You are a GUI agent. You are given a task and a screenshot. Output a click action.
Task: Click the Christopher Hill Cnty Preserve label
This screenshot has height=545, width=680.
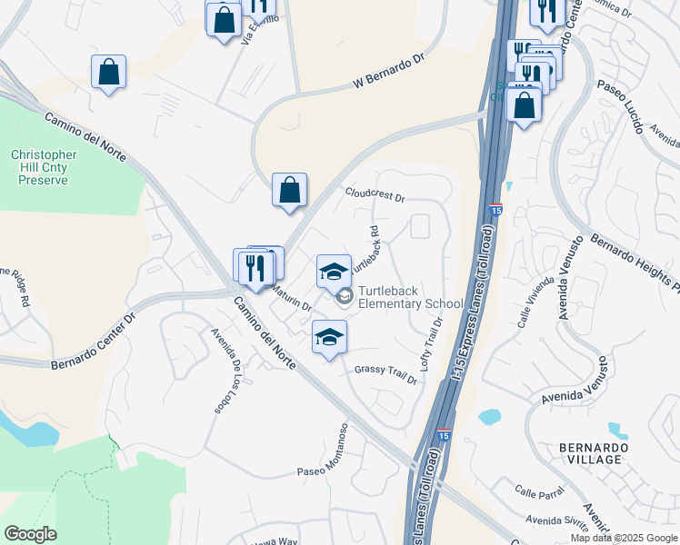pos(44,168)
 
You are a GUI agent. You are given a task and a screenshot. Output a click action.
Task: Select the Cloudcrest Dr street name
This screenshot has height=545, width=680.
pos(374,193)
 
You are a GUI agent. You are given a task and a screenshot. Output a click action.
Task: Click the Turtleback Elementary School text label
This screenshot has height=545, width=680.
pos(410,297)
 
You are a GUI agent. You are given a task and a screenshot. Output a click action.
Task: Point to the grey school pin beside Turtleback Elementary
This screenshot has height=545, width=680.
pos(345,295)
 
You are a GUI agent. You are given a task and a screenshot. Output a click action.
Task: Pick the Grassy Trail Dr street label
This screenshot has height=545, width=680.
pos(385,375)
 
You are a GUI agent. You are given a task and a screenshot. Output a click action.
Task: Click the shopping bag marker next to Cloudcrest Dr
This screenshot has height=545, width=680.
pos(289,191)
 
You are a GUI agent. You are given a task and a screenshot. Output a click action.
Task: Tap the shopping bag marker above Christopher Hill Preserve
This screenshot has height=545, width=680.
pos(108,73)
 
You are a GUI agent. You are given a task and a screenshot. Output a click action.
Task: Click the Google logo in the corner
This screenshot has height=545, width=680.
pos(31,533)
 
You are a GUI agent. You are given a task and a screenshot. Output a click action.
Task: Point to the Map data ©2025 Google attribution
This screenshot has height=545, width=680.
pos(624,538)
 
